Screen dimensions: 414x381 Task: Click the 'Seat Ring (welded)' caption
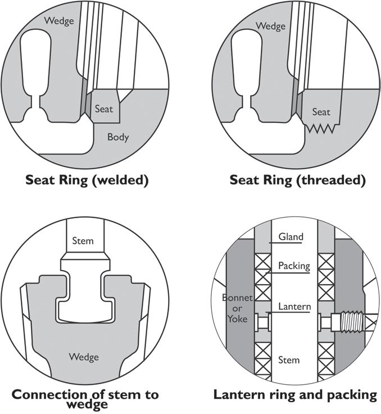click(x=86, y=181)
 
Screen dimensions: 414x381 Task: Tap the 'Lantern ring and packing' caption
click(x=295, y=394)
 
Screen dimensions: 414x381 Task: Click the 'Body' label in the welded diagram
click(x=118, y=137)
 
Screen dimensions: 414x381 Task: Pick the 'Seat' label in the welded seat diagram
click(x=104, y=109)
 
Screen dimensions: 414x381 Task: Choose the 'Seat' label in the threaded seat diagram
click(x=321, y=112)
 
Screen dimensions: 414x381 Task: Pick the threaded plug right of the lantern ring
click(x=349, y=325)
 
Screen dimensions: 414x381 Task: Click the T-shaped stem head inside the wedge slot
click(x=85, y=292)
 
